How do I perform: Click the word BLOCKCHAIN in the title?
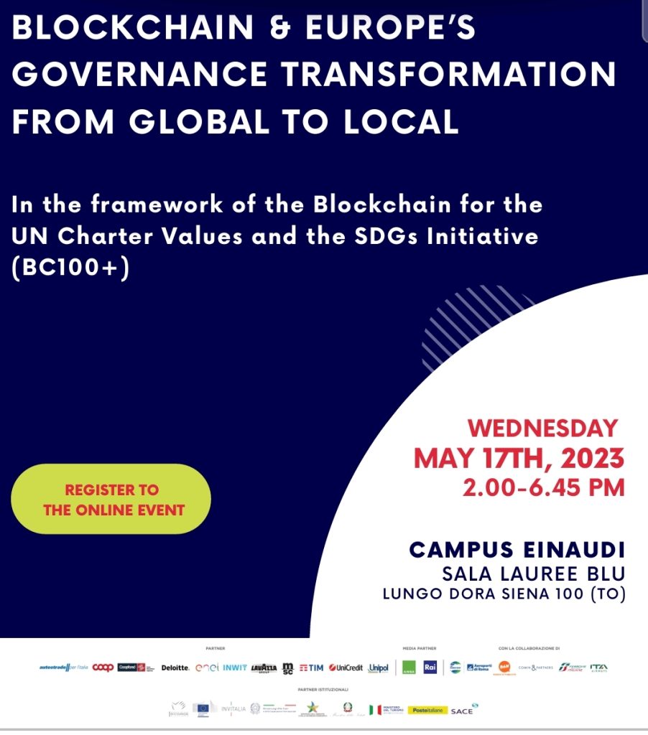134,28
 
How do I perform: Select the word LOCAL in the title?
402,121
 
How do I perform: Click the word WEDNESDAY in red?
542,429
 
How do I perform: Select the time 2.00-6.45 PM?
543,488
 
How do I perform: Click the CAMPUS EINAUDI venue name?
517,551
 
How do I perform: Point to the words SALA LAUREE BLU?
534,574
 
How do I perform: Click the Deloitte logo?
175,668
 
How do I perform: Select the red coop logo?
103,668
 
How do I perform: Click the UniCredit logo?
346,668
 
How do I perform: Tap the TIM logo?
311,668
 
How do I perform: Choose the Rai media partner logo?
430,667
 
